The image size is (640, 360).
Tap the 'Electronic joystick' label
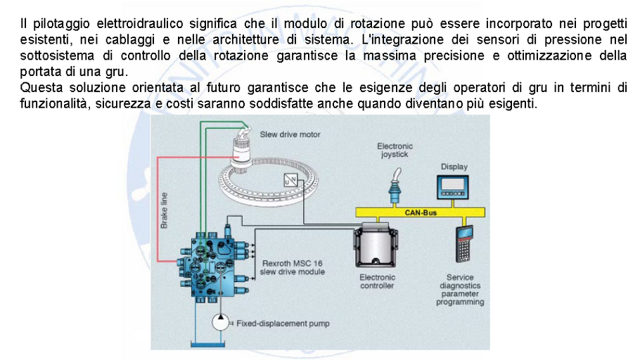[x=395, y=150]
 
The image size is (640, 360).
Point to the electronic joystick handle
[x=393, y=184]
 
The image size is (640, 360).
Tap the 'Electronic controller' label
[x=378, y=281]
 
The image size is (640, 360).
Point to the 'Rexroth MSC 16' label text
[x=291, y=263]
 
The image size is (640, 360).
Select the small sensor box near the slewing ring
[x=290, y=179]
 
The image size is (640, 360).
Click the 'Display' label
[x=454, y=167]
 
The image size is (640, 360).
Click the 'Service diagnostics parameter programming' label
[x=460, y=290]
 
